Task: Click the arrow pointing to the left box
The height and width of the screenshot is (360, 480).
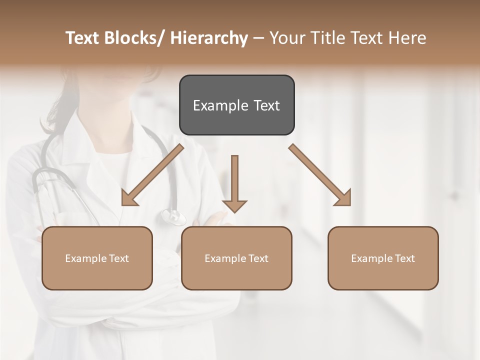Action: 152,175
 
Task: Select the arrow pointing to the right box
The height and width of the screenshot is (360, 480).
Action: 320,175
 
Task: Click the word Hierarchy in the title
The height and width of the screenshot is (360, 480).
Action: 209,38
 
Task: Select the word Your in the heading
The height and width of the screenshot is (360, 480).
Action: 286,38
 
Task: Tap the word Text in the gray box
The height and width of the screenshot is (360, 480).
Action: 266,105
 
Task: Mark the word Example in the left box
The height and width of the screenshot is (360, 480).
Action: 86,258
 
